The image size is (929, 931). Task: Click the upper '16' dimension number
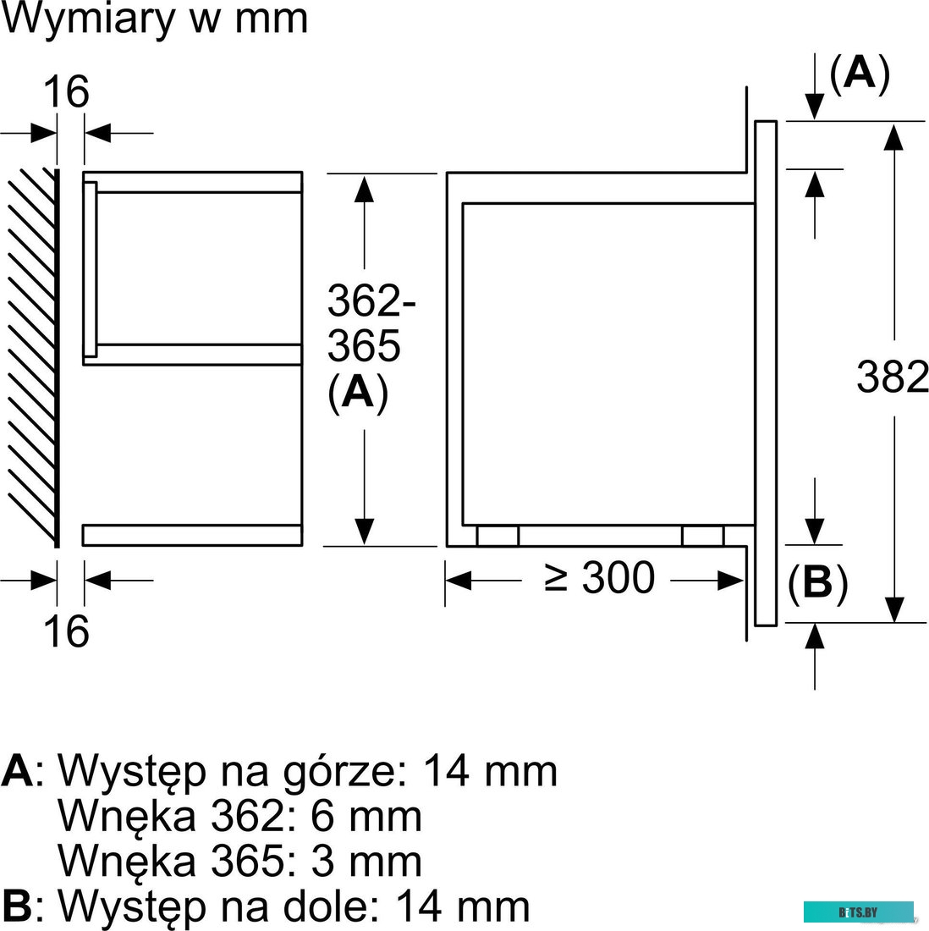[66, 91]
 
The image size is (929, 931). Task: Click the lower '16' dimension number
[66, 631]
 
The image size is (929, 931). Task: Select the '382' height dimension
[893, 377]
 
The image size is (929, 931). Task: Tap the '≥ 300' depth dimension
[601, 579]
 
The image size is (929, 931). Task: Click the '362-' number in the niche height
[372, 301]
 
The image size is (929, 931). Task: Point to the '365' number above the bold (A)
[364, 345]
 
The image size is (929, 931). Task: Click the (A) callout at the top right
[860, 74]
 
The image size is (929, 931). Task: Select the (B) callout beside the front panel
[817, 582]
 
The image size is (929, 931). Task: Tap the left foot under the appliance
[497, 536]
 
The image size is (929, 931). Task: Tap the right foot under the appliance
[703, 536]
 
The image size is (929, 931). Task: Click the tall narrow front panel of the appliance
[765, 372]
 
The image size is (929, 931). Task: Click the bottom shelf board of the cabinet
[192, 535]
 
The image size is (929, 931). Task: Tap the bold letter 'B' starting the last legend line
[17, 906]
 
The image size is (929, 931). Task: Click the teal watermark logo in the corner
[858, 912]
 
